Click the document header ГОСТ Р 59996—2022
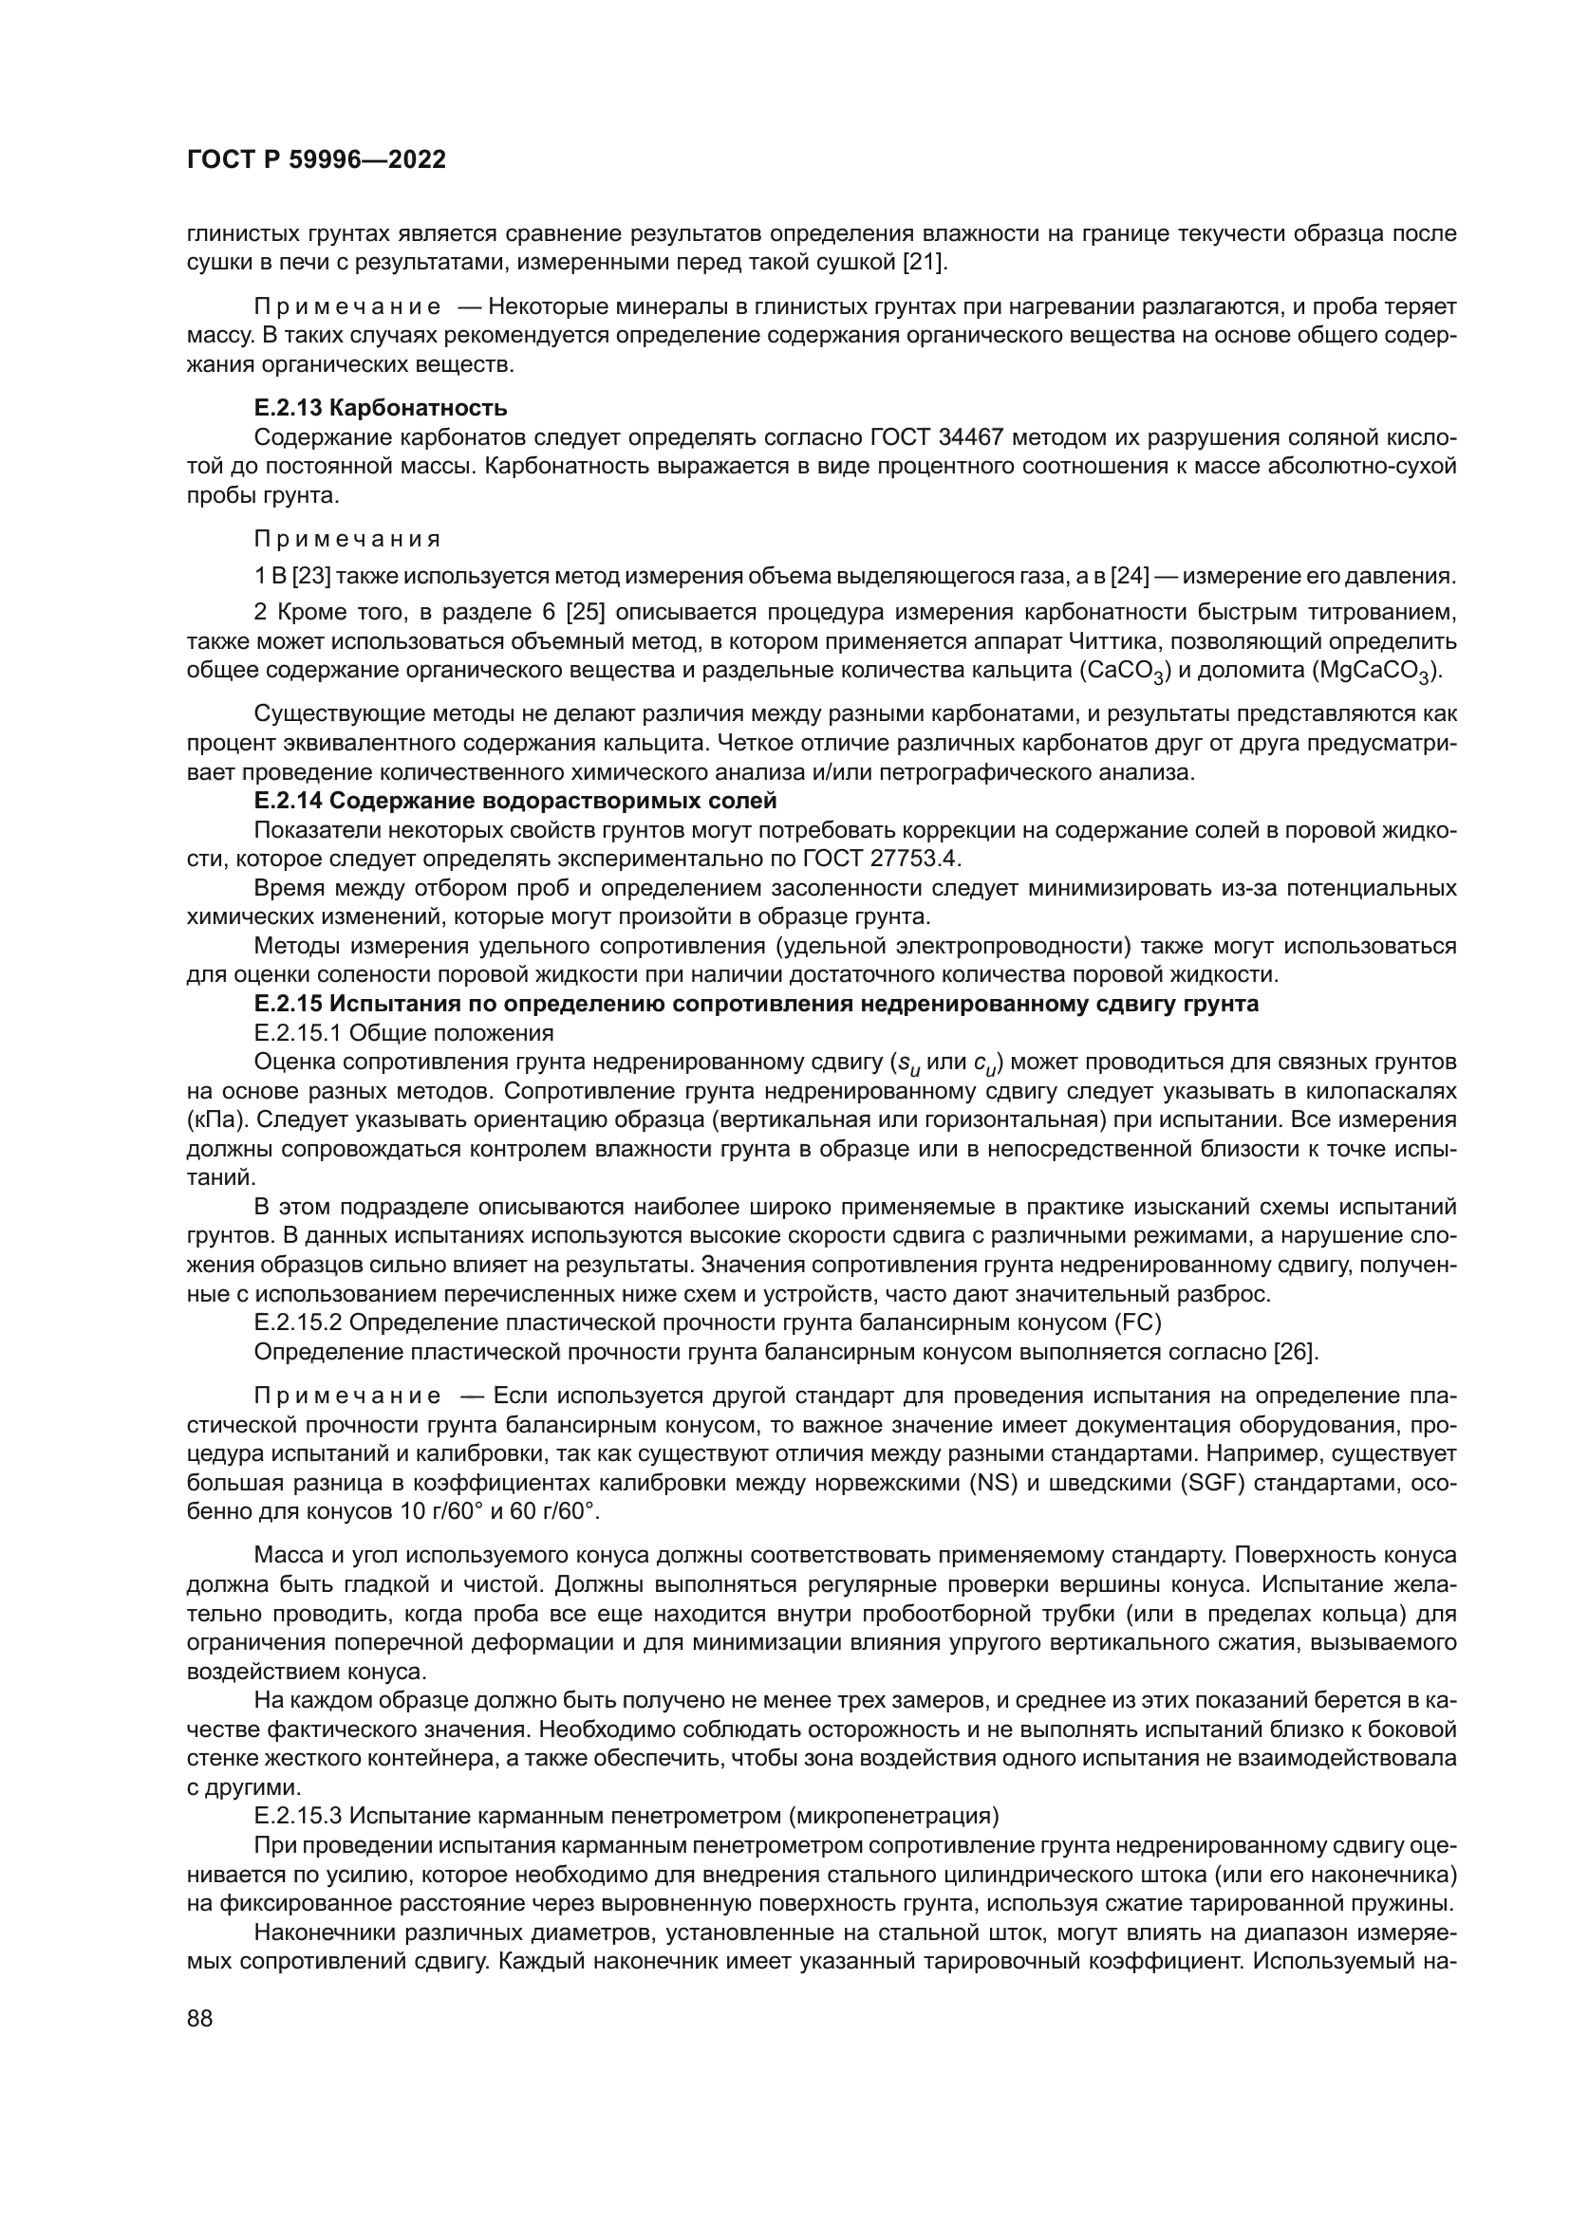pyautogui.click(x=316, y=160)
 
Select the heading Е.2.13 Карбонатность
pyautogui.click(x=381, y=408)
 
